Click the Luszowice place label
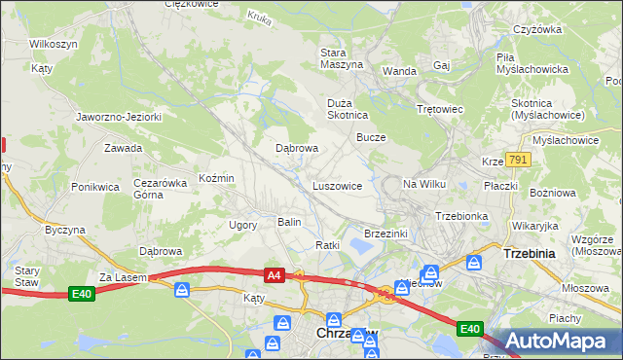pyautogui.click(x=337, y=185)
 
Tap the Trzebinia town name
pyautogui.click(x=529, y=253)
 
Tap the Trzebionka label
pyautogui.click(x=460, y=215)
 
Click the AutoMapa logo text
pyautogui.click(x=566, y=342)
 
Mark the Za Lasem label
pyautogui.click(x=121, y=277)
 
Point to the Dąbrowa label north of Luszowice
pyautogui.click(x=297, y=148)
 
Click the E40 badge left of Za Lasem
pyautogui.click(x=84, y=291)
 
